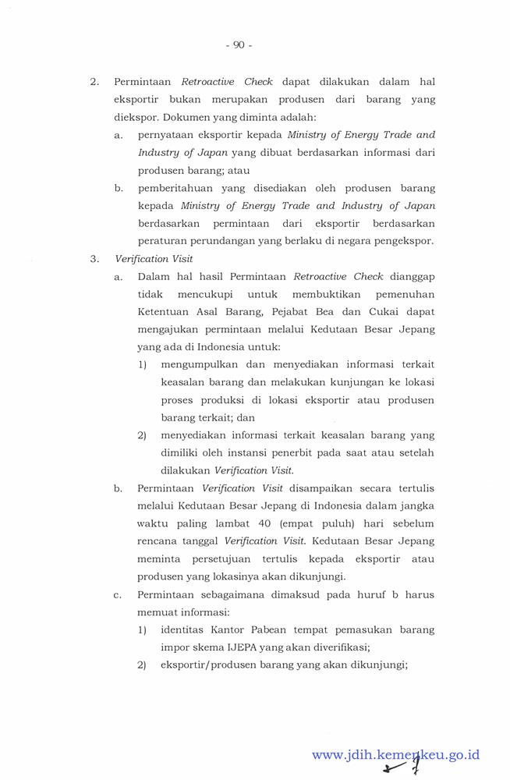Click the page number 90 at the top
(x=239, y=45)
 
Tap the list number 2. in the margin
(x=94, y=81)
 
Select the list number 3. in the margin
(x=94, y=258)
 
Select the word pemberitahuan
(x=178, y=188)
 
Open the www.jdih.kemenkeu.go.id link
(x=395, y=754)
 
